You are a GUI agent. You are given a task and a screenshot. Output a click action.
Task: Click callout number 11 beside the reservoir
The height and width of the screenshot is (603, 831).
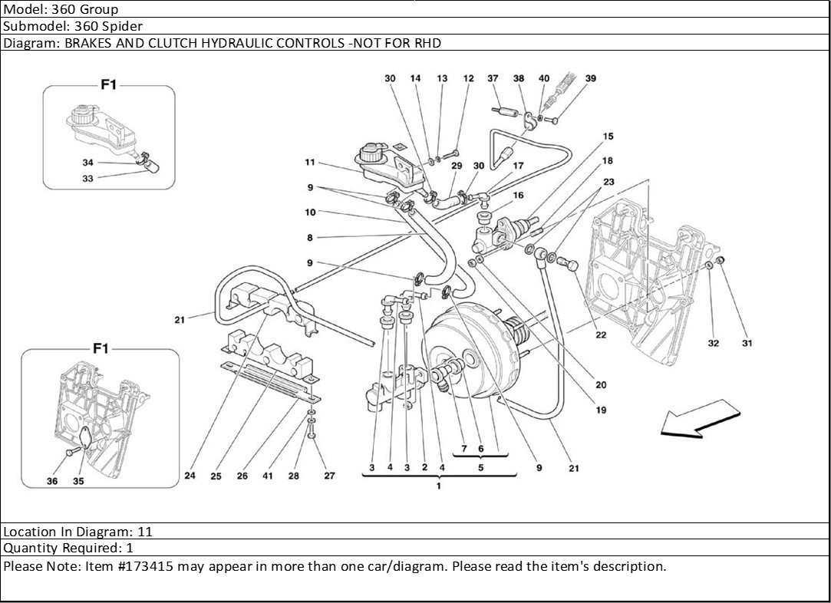click(310, 162)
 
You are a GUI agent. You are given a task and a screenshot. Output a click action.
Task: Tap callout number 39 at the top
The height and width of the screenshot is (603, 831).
click(590, 78)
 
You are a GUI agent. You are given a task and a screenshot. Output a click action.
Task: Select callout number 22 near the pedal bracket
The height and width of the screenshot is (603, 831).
click(600, 334)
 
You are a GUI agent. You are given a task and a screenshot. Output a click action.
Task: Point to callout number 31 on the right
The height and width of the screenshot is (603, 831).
click(747, 343)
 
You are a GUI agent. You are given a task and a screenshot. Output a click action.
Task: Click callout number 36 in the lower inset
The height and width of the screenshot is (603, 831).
click(52, 481)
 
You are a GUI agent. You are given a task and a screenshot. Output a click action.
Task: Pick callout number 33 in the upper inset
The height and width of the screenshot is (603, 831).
click(87, 178)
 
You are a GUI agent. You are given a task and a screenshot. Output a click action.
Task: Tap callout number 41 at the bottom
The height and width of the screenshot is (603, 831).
click(268, 476)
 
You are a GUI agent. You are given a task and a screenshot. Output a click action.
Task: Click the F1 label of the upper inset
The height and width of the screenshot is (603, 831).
click(108, 85)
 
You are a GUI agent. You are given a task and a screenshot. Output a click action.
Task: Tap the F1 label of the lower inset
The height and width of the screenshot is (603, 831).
click(101, 348)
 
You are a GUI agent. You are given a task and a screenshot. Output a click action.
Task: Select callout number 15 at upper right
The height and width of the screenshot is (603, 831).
click(608, 137)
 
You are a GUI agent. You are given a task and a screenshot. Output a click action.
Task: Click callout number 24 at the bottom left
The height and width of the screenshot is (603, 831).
click(190, 476)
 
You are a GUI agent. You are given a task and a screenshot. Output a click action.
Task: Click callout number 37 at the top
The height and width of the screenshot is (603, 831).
click(493, 78)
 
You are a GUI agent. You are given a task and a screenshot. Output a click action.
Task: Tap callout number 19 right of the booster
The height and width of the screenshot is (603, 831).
click(601, 410)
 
